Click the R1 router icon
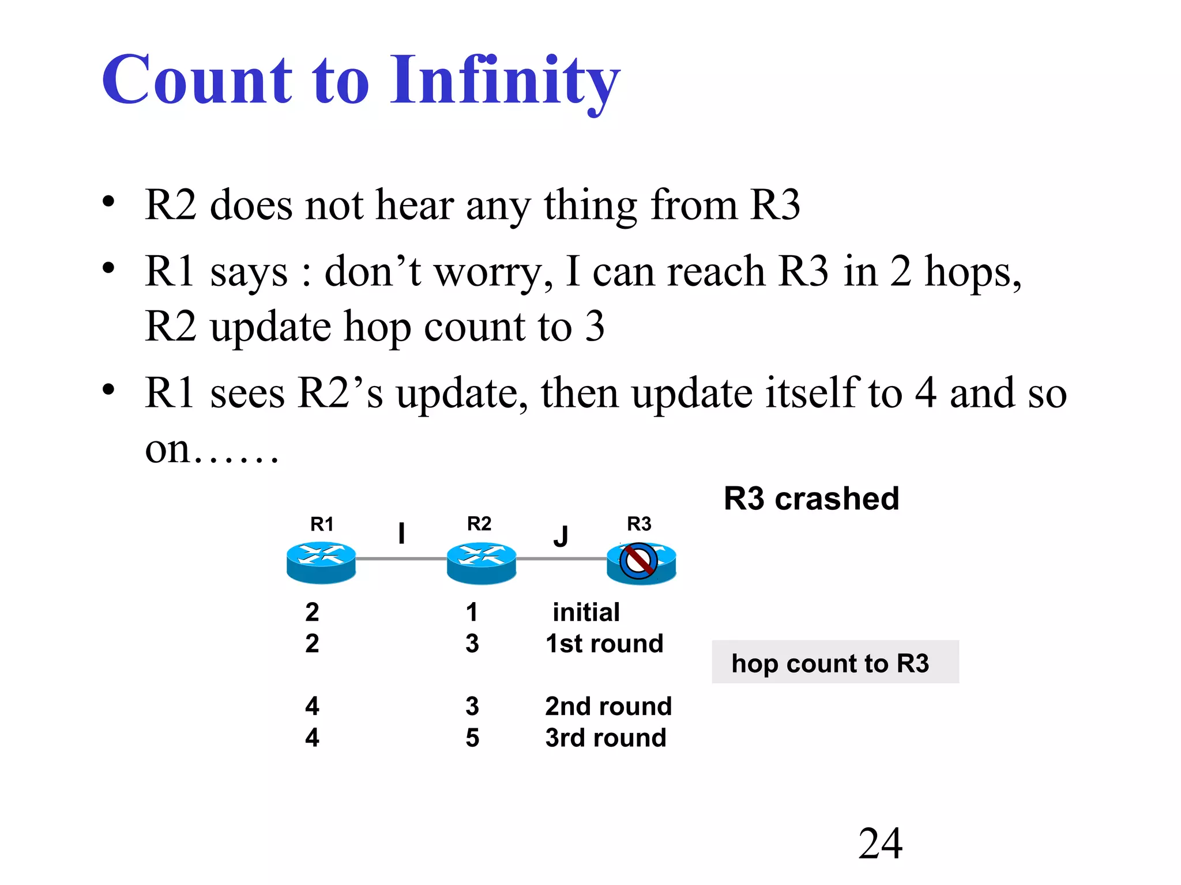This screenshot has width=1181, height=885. tap(321, 562)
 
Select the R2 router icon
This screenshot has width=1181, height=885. tap(481, 562)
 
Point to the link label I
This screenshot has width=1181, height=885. tap(401, 533)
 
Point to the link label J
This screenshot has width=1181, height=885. tap(561, 536)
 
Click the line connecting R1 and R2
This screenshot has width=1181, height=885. tap(401, 558)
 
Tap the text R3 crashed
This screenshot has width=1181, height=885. tap(811, 499)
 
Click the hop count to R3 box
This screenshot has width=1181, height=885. tap(835, 662)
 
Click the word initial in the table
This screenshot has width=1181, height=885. tap(586, 612)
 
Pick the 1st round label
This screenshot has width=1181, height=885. tap(604, 644)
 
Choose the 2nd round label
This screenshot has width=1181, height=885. tap(608, 706)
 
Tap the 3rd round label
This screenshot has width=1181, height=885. tap(605, 738)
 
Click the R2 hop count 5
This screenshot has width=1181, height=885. tap(472, 738)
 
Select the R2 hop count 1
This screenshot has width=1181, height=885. tap(472, 612)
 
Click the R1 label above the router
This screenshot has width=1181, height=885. tap(322, 524)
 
